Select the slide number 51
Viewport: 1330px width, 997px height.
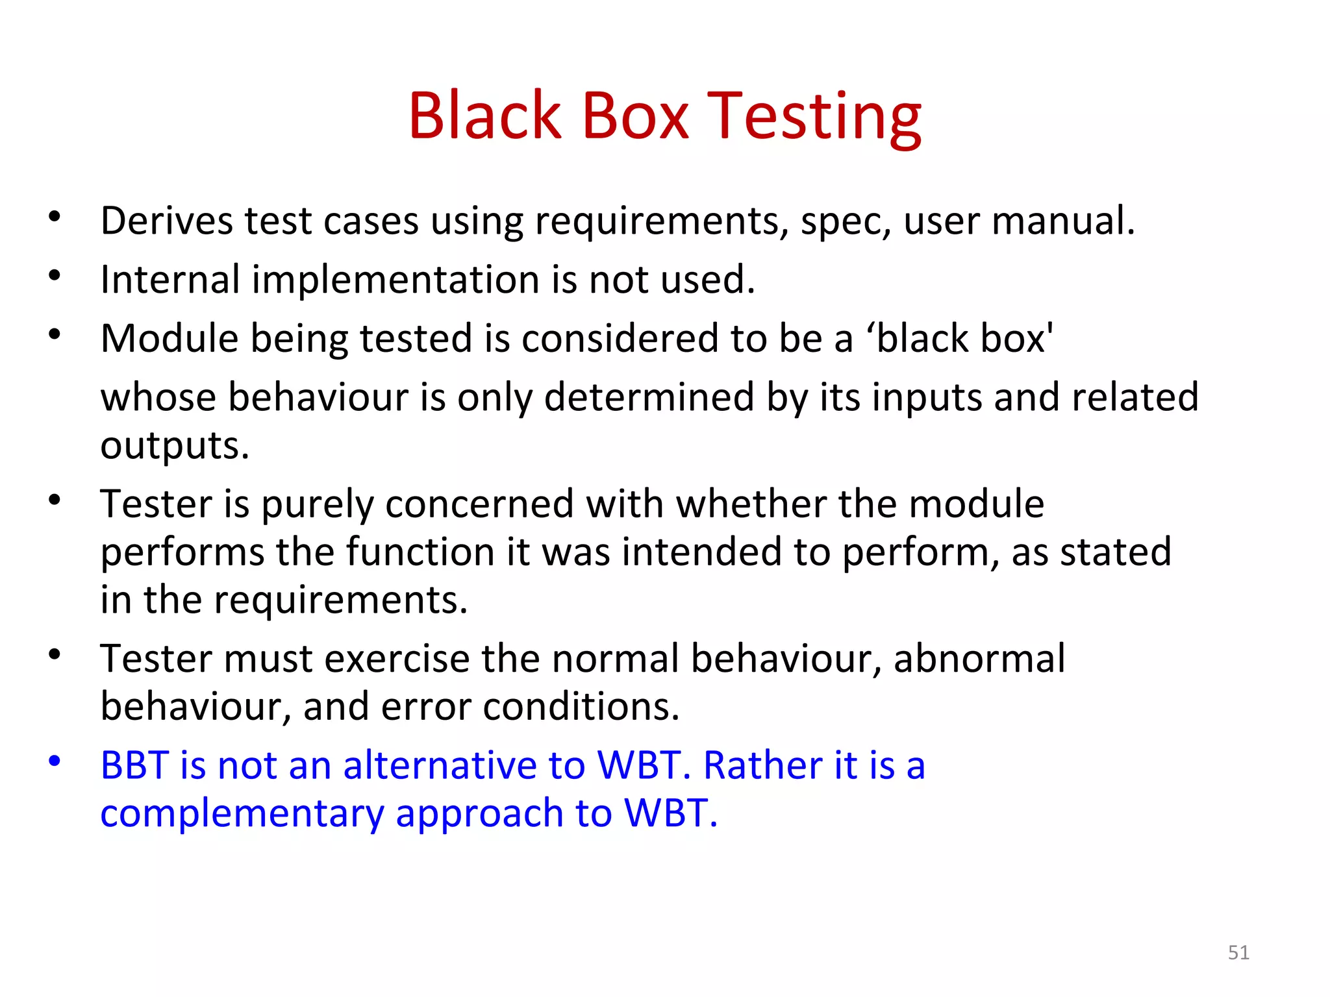1238,952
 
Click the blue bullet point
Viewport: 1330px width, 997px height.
55,760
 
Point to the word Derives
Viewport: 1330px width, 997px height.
166,221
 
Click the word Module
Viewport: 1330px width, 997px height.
169,339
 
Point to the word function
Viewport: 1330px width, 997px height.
420,552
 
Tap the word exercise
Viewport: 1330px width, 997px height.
396,658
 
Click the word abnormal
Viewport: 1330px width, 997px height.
979,658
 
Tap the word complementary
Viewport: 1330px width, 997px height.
242,813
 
